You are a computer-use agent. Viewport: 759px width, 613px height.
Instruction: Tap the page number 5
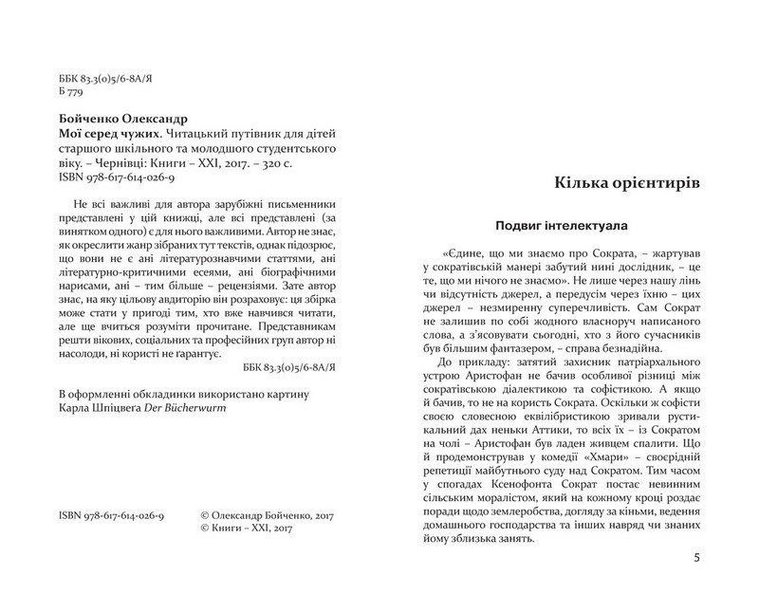tap(697, 558)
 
